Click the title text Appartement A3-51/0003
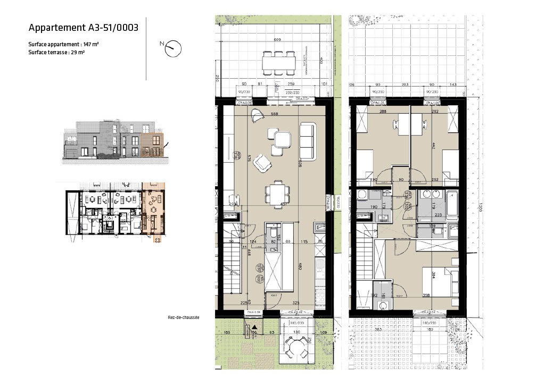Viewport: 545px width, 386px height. click(83, 28)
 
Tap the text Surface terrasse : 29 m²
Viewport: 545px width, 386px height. click(57, 53)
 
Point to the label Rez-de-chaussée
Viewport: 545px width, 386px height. click(183, 317)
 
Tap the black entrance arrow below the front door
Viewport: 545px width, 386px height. click(254, 328)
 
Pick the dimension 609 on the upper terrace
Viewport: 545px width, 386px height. click(277, 40)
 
